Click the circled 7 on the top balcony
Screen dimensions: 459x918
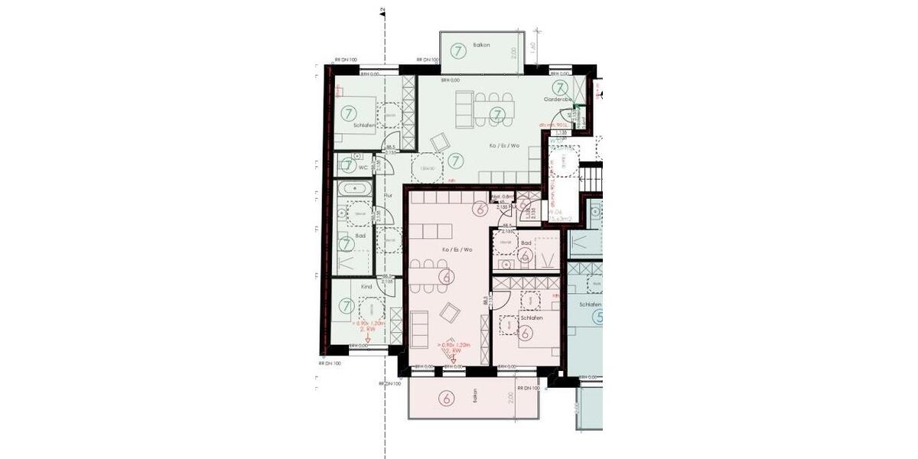pos(458,52)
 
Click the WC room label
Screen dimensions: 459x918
pos(363,166)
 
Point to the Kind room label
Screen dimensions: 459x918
pos(366,286)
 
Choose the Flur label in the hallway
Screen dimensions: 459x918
pos(387,196)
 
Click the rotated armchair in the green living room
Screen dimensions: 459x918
pos(440,143)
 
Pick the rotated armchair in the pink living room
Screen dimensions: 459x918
pos(451,312)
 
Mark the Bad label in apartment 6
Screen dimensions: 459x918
pos(526,243)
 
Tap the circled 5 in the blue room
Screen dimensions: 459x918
pos(597,317)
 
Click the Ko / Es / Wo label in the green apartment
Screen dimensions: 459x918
pos(504,145)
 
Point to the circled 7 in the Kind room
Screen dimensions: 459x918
pos(348,306)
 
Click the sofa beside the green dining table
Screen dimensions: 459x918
pos(464,109)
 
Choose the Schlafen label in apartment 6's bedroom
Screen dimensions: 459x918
pos(531,317)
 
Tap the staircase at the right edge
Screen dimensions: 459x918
pos(592,184)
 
